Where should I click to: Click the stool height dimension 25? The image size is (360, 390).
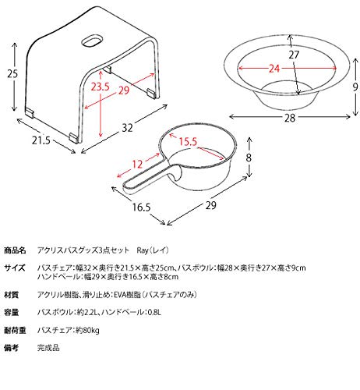[12, 74]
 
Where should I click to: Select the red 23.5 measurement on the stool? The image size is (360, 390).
[100, 87]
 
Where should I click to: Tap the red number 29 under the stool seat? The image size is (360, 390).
[124, 90]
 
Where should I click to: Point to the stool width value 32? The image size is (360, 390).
[127, 128]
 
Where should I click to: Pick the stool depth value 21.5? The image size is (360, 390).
[41, 140]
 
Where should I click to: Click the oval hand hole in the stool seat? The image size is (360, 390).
[92, 41]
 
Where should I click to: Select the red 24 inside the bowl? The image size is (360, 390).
[274, 69]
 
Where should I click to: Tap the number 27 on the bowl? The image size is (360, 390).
[294, 55]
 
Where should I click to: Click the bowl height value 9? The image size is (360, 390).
[355, 87]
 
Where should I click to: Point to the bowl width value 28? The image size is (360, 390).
[290, 118]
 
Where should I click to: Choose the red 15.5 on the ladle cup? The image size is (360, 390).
[188, 142]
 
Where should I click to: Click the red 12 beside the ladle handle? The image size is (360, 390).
[137, 164]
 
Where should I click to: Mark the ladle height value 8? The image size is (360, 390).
[249, 158]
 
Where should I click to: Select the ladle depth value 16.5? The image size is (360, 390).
[142, 207]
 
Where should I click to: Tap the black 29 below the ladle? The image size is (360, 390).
[211, 205]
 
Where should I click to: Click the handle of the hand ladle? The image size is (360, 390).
[150, 179]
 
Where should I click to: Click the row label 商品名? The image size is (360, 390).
[15, 250]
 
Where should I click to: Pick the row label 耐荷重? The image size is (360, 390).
[15, 331]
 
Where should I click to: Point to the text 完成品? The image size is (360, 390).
[48, 348]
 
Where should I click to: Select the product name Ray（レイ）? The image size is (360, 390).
[153, 250]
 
